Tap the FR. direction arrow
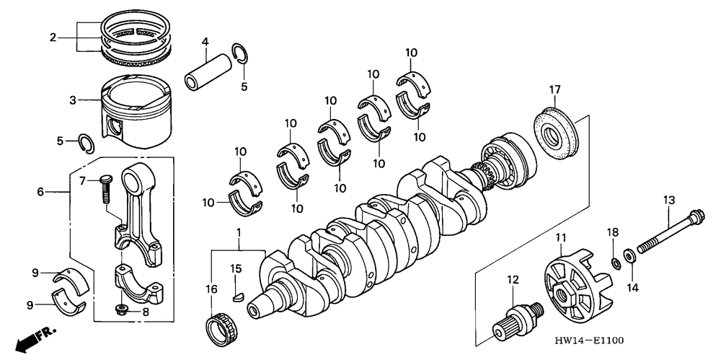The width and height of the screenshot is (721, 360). pyautogui.click(x=28, y=338)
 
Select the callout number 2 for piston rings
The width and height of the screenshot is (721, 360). pyautogui.click(x=53, y=37)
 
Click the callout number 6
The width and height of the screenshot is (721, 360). pyautogui.click(x=40, y=191)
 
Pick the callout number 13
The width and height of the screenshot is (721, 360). pyautogui.click(x=669, y=199)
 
